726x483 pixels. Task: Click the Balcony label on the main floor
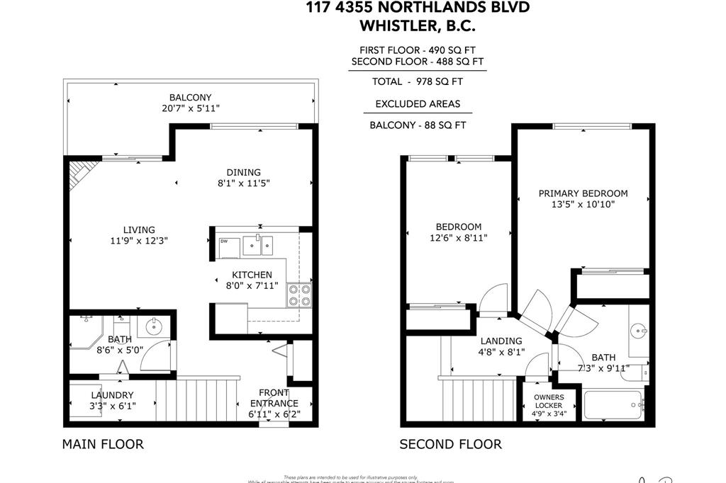tap(190, 98)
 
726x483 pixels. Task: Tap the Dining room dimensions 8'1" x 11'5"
tap(243, 183)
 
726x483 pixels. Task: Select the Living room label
tap(139, 229)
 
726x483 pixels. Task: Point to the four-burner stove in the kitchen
tap(298, 295)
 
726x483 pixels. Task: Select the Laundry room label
tap(112, 395)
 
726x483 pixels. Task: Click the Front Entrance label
tap(273, 393)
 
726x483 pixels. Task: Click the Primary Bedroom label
tap(583, 193)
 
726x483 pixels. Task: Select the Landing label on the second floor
tap(501, 341)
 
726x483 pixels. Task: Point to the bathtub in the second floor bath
tap(613, 406)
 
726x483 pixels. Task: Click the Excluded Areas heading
tap(418, 103)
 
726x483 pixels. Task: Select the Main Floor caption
tap(103, 445)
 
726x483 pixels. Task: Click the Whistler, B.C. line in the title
tap(418, 25)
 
